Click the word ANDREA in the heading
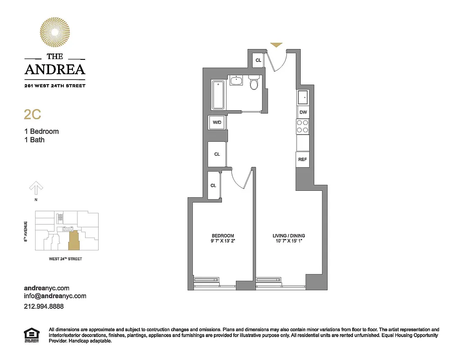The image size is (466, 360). pos(54,69)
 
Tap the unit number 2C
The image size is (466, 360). pos(32,114)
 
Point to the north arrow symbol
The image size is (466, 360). pos(36,187)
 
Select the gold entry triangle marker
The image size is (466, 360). pos(276,45)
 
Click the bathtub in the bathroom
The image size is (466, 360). pos(218,95)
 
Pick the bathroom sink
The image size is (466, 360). pos(235,81)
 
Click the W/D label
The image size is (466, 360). pos(217,122)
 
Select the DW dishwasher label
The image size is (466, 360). pos(303,112)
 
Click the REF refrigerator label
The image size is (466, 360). pos(302,159)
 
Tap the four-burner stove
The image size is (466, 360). pos(303,126)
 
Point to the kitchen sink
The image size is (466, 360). pos(303,97)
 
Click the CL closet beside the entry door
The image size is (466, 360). pos(258,60)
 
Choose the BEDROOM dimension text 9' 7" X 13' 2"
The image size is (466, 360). pos(223,242)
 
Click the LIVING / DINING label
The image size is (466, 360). pos(289,236)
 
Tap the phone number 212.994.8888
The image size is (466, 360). pos(44,306)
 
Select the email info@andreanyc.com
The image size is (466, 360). pos(55,296)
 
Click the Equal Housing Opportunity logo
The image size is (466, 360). pos(31,335)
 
